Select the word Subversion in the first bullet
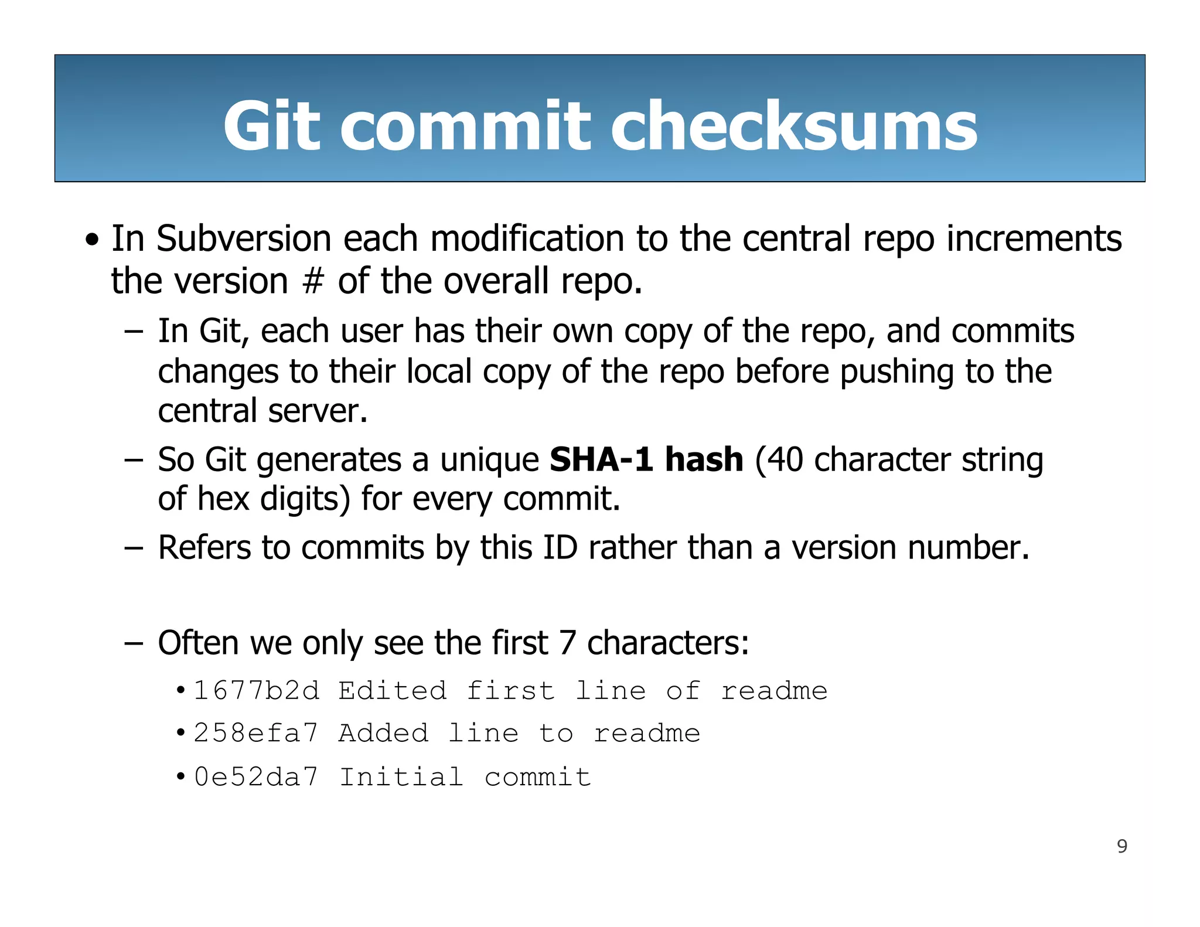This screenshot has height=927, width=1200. tap(244, 239)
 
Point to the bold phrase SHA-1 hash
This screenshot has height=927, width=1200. tap(646, 459)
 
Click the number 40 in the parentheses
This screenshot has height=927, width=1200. tap(785, 459)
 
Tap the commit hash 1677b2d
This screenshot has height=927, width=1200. tap(257, 691)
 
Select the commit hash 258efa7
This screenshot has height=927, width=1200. tap(256, 734)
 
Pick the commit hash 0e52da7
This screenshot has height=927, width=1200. tap(256, 777)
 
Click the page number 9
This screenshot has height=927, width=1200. tap(1122, 846)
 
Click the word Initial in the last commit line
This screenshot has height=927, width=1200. tap(401, 777)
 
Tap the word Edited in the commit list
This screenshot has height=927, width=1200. tap(393, 691)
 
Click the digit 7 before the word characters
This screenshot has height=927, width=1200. tap(567, 643)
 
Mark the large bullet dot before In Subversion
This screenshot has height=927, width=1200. tap(92, 240)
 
